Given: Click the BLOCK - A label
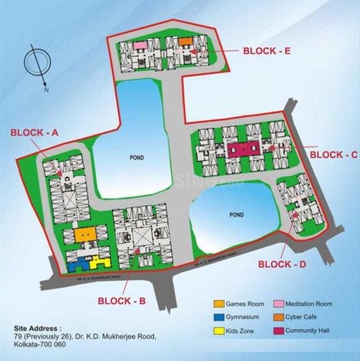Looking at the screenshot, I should pyautogui.click(x=34, y=133).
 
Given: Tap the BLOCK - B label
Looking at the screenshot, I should pyautogui.click(x=121, y=301).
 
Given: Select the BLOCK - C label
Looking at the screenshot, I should pyautogui.click(x=334, y=154).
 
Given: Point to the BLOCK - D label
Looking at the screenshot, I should pyautogui.click(x=283, y=265).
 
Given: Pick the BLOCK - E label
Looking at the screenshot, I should pyautogui.click(x=265, y=50).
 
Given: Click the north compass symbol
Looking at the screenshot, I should pyautogui.click(x=34, y=65).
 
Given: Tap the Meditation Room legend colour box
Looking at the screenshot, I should pyautogui.click(x=278, y=303).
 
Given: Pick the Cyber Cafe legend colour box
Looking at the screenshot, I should pyautogui.click(x=278, y=316).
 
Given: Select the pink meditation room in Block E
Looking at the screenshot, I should pyautogui.click(x=140, y=45).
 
